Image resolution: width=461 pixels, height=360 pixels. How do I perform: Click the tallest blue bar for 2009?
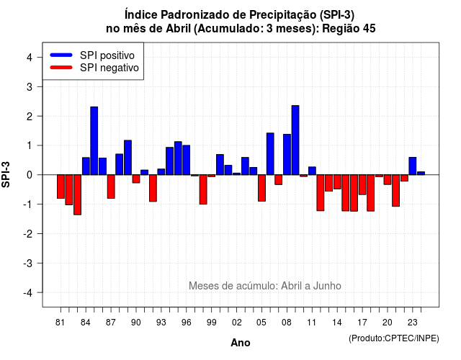coord(295,140)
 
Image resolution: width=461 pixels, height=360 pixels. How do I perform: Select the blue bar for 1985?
coord(94,141)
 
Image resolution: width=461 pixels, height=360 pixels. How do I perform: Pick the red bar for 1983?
coord(77,195)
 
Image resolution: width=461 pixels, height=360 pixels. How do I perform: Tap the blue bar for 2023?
coord(413,166)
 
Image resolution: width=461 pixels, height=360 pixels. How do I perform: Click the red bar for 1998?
coord(203,189)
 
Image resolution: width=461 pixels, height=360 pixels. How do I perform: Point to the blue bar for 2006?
coord(270,154)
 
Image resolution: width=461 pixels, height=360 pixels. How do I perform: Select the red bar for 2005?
coord(261,188)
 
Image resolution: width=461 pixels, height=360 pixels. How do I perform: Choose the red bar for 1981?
coord(61,186)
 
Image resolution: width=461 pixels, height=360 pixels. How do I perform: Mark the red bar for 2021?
coord(395,190)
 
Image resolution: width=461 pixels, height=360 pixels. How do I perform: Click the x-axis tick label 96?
coord(186,323)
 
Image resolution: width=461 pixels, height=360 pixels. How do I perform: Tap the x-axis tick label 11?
coord(312,323)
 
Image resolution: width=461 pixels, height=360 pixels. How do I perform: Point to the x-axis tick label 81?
coord(60,323)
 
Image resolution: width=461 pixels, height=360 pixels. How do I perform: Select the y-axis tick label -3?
coord(28,264)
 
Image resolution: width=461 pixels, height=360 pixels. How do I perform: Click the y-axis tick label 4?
coord(30,58)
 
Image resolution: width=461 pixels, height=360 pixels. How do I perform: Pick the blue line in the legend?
coord(61,55)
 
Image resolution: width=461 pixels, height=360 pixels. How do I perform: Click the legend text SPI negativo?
coord(109,68)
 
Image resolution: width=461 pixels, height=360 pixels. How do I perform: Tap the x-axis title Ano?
coord(241,343)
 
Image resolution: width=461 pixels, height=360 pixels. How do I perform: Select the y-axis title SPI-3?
coord(6,175)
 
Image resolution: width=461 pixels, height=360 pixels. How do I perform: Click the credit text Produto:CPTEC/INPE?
coord(394,338)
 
